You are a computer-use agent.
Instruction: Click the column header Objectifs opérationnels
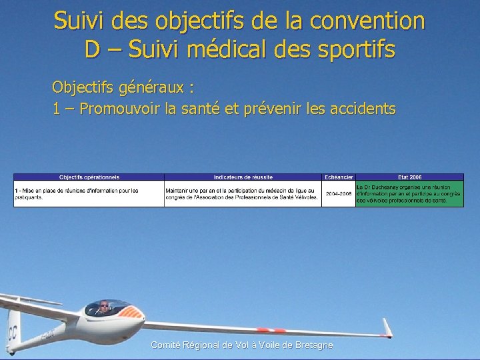coord(89,177)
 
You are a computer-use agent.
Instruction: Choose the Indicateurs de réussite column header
coord(243,177)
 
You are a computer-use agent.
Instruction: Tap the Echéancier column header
coord(339,177)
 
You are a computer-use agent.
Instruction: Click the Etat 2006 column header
coord(409,177)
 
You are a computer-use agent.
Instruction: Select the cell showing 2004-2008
coord(339,193)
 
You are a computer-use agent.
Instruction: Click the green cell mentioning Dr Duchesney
coord(409,193)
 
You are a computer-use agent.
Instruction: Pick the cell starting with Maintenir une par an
coord(243,193)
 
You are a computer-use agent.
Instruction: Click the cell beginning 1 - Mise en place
coord(89,193)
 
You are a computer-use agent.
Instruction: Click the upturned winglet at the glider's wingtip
coord(387,326)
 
